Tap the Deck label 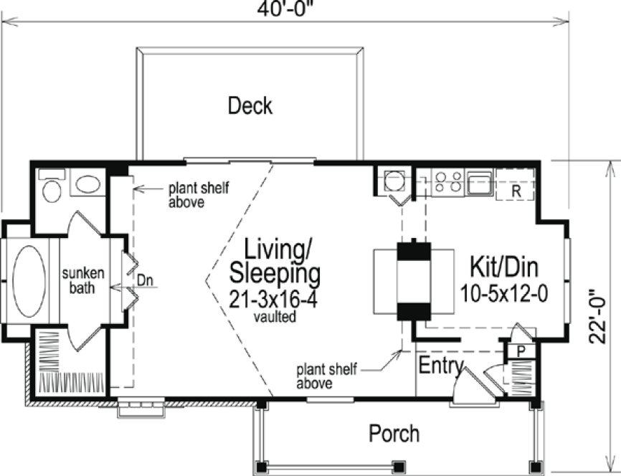[x=250, y=106]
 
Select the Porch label [x=394, y=433]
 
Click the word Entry [x=440, y=366]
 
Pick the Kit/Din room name [x=503, y=267]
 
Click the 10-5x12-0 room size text [x=504, y=292]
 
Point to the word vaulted [x=274, y=316]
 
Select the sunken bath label [x=83, y=280]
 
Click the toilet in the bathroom [x=52, y=189]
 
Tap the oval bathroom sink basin [x=90, y=185]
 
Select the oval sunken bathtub [x=29, y=281]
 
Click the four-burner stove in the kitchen [x=447, y=182]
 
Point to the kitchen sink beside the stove [x=478, y=182]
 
